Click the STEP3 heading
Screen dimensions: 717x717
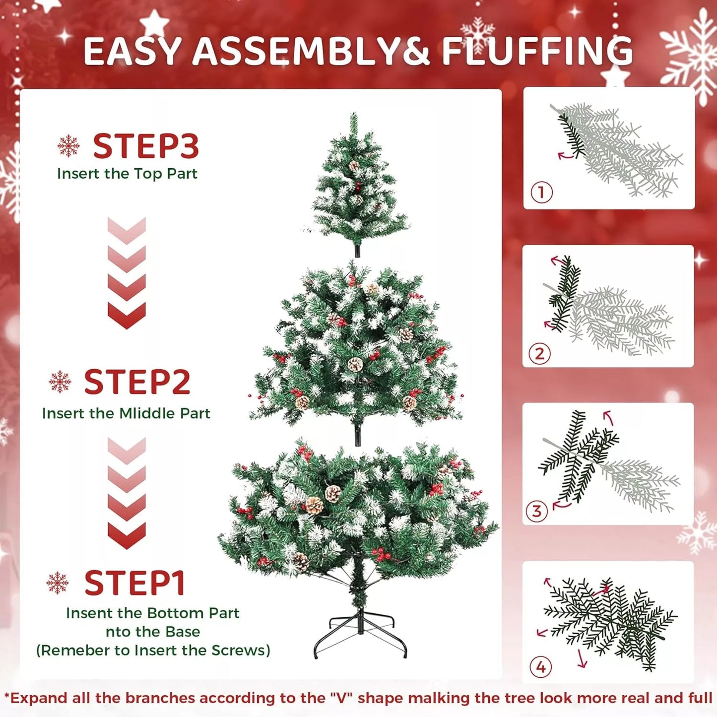click(x=145, y=146)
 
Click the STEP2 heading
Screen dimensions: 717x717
click(x=137, y=382)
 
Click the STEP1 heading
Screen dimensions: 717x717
click(x=134, y=583)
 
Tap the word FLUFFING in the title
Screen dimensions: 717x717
click(x=537, y=51)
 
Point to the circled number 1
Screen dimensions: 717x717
click(x=541, y=192)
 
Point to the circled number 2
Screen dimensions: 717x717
click(x=539, y=354)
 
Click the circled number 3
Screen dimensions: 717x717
click(x=536, y=511)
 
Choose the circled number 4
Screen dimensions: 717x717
click(x=540, y=667)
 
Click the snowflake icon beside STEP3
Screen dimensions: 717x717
click(x=68, y=146)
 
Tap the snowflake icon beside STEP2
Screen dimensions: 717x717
click(x=60, y=382)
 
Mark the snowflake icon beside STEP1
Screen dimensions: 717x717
click(x=58, y=583)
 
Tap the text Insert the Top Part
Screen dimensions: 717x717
click(x=127, y=174)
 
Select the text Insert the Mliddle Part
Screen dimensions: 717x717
click(x=126, y=413)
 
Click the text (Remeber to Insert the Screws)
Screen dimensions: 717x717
click(x=153, y=651)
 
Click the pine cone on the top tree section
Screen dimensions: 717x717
click(x=354, y=166)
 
